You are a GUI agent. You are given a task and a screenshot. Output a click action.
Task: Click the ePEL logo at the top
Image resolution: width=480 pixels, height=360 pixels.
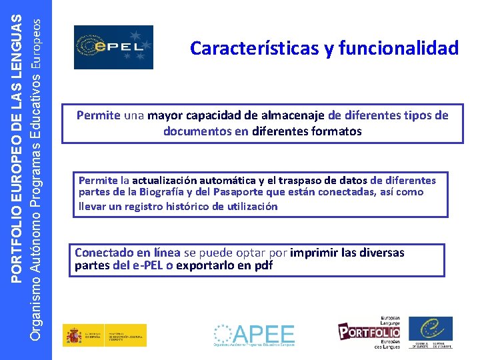click(x=113, y=47)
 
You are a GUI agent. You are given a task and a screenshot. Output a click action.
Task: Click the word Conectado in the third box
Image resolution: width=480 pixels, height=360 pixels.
click(x=103, y=253)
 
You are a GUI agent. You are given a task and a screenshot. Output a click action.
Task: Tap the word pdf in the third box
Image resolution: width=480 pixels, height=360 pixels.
click(x=264, y=265)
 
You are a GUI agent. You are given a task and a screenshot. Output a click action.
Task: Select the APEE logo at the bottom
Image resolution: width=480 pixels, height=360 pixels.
click(x=254, y=335)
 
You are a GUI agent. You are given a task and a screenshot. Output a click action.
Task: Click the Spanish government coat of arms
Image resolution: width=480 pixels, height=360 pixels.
click(x=73, y=335)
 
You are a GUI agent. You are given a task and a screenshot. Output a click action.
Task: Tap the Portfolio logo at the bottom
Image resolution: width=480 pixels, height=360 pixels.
click(x=369, y=331)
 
